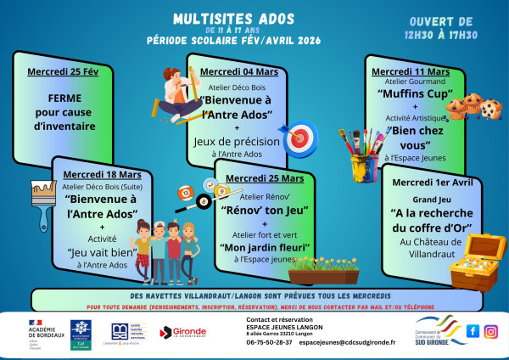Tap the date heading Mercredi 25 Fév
(64, 71)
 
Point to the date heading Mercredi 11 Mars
(411, 70)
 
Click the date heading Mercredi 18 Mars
(102, 173)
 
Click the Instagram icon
(490, 331)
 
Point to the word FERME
(64, 98)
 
